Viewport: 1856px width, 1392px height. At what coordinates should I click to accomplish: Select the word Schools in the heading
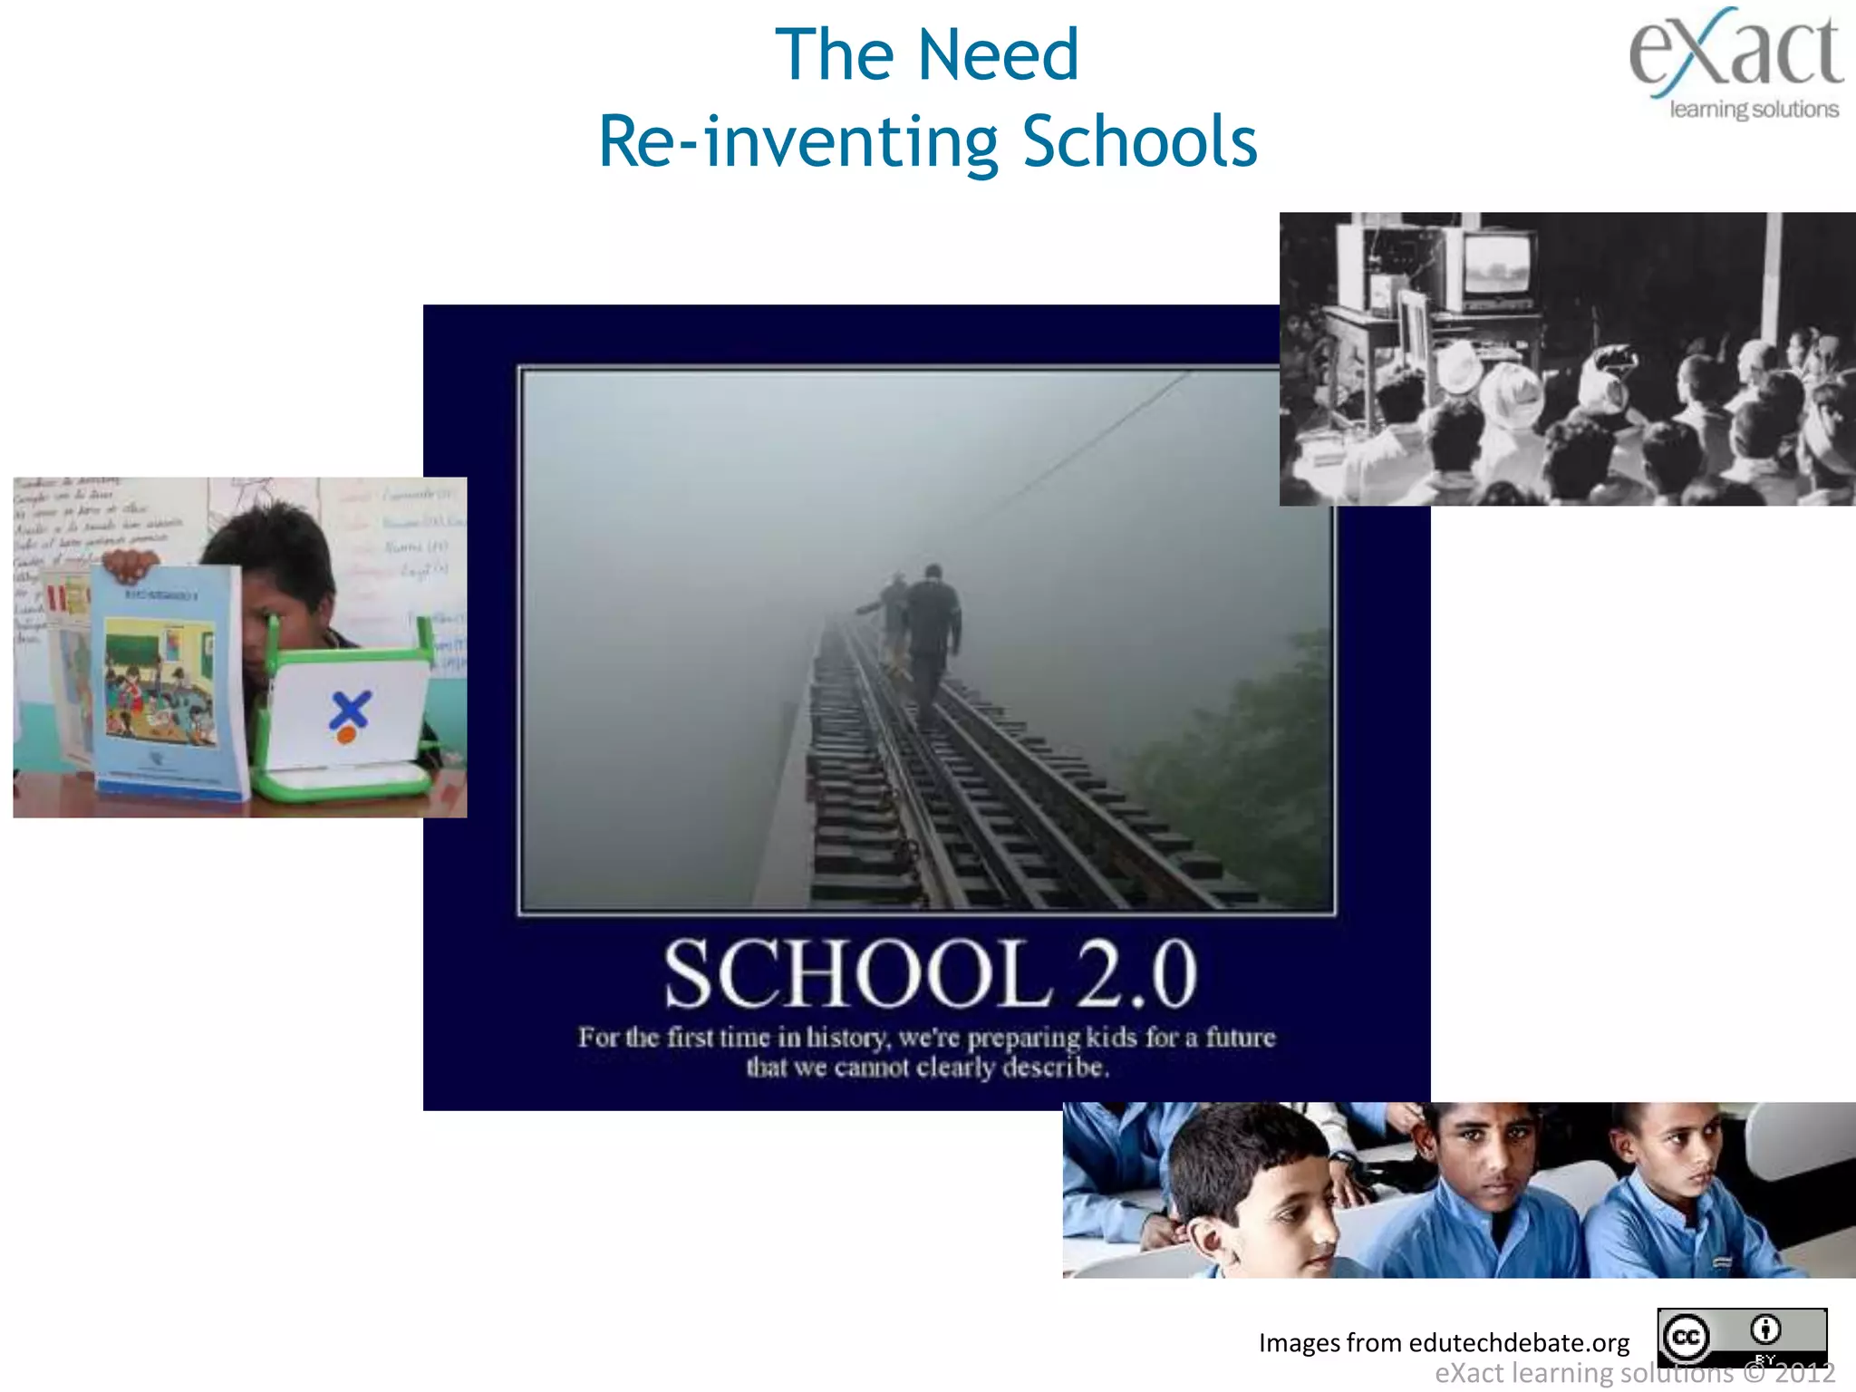[x=1139, y=142]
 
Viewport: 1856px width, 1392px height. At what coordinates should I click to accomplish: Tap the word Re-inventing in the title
[x=798, y=142]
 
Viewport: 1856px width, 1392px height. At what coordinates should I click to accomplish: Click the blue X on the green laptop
[x=349, y=709]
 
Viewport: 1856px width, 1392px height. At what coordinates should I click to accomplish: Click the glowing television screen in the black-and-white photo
[x=1497, y=265]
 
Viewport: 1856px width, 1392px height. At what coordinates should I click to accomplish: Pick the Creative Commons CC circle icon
[x=1685, y=1337]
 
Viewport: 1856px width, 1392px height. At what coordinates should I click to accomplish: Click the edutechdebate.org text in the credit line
[x=1519, y=1342]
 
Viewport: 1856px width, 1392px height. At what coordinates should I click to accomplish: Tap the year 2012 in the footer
[x=1804, y=1373]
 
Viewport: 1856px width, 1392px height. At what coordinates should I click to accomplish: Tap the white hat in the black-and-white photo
[x=1512, y=391]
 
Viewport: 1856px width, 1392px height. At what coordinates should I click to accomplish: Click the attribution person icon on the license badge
[x=1765, y=1329]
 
